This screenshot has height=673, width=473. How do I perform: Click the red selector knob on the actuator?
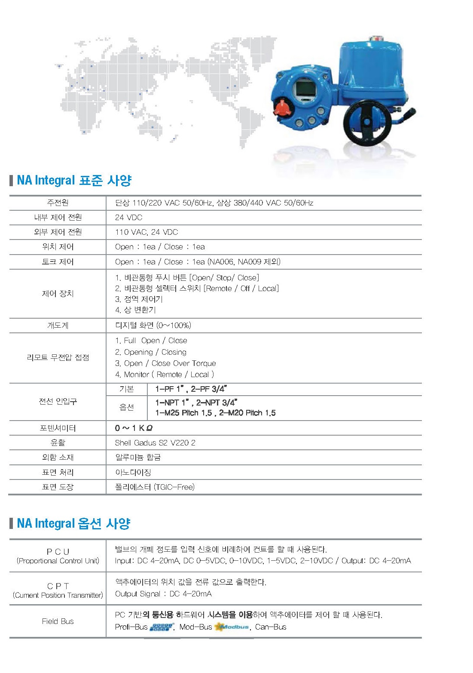[x=282, y=108]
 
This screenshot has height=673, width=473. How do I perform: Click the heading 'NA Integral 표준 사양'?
[x=74, y=180]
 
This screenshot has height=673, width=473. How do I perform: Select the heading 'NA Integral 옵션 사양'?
[x=73, y=523]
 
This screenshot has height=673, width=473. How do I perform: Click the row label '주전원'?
[x=58, y=203]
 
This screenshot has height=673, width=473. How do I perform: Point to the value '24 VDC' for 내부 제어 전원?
[x=128, y=218]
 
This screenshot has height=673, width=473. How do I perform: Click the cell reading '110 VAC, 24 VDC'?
[x=146, y=232]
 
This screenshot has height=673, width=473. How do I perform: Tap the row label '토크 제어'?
[x=58, y=262]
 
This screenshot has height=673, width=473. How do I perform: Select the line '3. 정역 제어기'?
[x=139, y=299]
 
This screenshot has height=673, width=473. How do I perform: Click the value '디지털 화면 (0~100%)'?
[x=153, y=326]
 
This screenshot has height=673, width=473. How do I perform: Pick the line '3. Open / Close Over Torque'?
[x=165, y=363]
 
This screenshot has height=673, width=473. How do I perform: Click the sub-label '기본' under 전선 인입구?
[x=127, y=389]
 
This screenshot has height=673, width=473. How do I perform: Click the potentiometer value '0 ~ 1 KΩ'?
[x=134, y=428]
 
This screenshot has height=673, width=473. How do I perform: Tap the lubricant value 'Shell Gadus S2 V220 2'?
[x=155, y=443]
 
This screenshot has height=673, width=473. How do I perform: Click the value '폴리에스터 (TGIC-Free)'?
[x=155, y=487]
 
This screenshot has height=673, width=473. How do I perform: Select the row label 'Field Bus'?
[x=58, y=621]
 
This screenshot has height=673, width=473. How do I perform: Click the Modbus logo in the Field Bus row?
[x=232, y=627]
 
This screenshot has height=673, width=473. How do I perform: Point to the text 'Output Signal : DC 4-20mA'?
[x=163, y=594]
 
